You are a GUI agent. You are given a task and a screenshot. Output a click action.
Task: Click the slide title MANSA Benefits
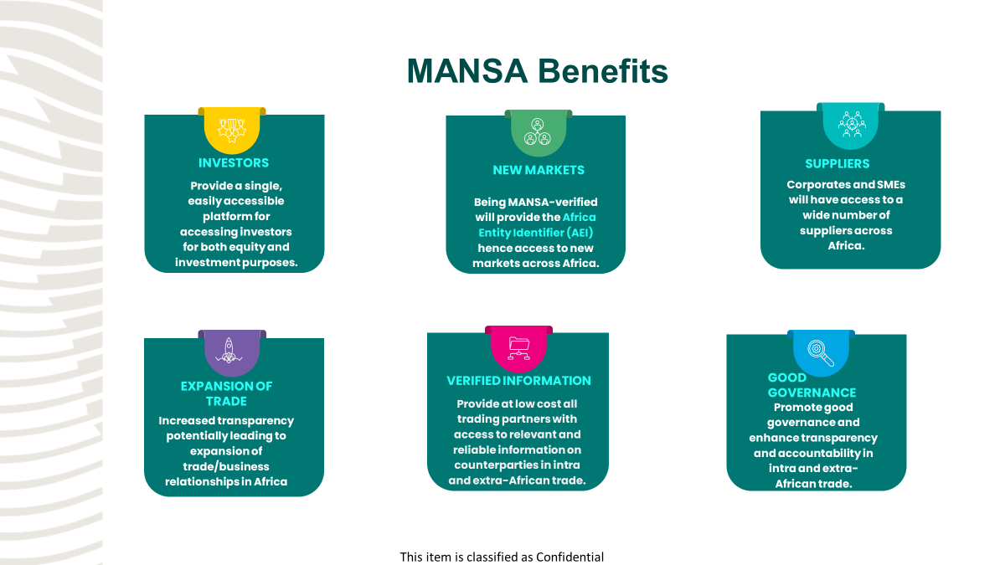537,71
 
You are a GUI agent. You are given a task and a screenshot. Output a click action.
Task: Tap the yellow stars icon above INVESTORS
232,131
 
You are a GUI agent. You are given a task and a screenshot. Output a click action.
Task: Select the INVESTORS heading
234,163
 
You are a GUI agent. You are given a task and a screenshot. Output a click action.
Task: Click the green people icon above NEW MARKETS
537,132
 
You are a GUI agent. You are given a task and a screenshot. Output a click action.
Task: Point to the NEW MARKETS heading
539,170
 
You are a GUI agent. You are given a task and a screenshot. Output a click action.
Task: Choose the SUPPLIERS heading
837,164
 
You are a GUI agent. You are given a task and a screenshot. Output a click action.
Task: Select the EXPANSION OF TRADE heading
226,393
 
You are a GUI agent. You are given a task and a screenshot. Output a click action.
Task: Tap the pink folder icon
518,348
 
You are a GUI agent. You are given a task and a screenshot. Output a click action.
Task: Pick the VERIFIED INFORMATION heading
518,381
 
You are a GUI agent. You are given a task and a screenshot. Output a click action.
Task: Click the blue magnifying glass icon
821,352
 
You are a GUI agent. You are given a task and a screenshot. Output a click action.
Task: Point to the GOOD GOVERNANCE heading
812,385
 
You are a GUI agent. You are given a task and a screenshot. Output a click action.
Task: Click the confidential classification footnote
502,557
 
